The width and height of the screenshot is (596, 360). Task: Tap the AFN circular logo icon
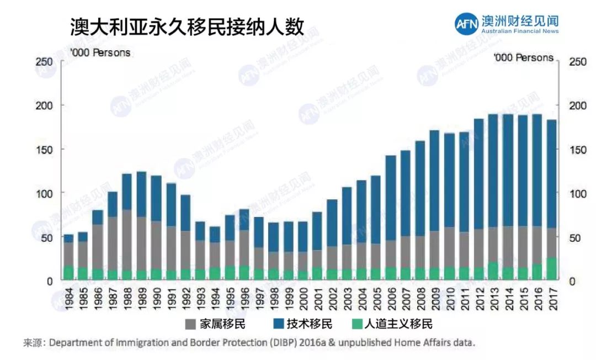pos(466,24)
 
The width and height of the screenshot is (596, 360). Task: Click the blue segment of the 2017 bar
pos(551,174)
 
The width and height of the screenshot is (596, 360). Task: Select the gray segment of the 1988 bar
pos(127,240)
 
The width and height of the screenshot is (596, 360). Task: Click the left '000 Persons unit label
pos(100,53)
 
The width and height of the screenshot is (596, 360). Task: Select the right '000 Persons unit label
pos(523,58)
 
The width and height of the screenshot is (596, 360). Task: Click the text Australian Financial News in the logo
pos(520,31)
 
